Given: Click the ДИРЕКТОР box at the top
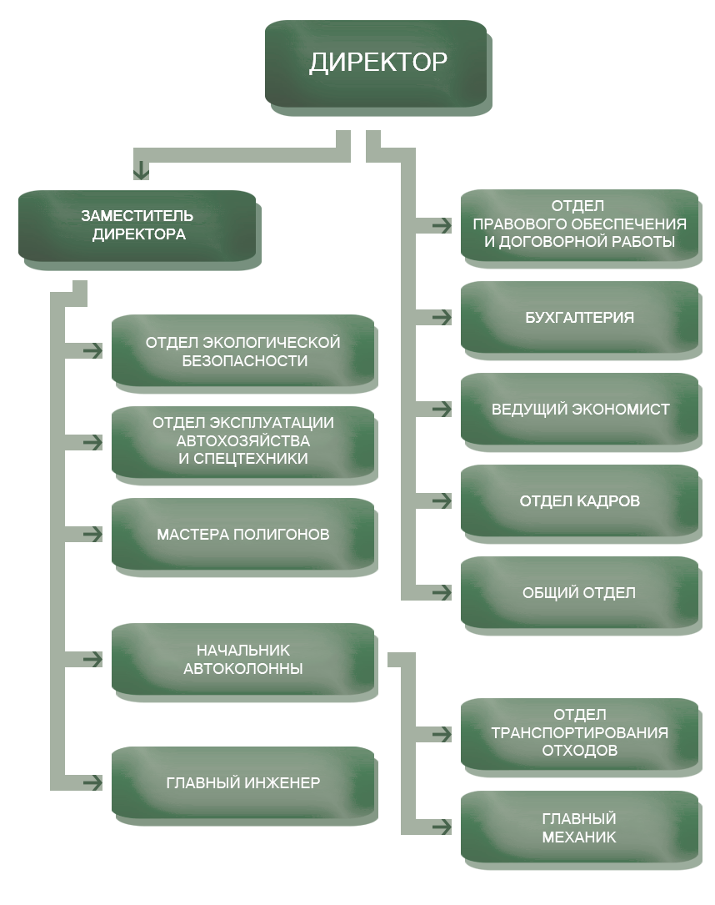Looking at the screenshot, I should [x=377, y=64].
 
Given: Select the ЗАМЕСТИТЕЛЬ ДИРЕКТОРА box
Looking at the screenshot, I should [x=138, y=226].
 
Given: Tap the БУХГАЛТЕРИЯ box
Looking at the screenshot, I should [x=579, y=318].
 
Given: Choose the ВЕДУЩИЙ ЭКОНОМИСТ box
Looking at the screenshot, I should [x=579, y=410].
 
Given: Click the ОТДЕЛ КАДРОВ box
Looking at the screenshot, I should [x=579, y=501].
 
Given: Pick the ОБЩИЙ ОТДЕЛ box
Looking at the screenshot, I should [x=579, y=593].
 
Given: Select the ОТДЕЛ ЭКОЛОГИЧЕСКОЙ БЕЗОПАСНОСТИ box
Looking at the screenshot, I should [x=243, y=352].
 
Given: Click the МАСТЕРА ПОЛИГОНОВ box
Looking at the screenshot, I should [x=243, y=534].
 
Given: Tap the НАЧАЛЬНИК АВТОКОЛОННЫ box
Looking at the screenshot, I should [x=243, y=659].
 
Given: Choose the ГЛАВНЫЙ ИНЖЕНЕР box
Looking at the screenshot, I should [x=243, y=783].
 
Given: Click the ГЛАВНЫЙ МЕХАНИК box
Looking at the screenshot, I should [x=579, y=828].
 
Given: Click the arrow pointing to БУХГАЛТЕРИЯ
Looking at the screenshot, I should [x=441, y=318].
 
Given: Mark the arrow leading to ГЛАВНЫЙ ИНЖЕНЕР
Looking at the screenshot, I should [x=92, y=783].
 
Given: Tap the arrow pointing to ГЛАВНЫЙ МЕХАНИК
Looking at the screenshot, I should [x=441, y=827].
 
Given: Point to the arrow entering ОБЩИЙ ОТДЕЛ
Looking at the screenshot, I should [x=441, y=593].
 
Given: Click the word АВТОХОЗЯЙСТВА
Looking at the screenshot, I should [x=243, y=440].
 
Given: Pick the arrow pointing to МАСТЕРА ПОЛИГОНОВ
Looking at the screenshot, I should [x=92, y=534].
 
